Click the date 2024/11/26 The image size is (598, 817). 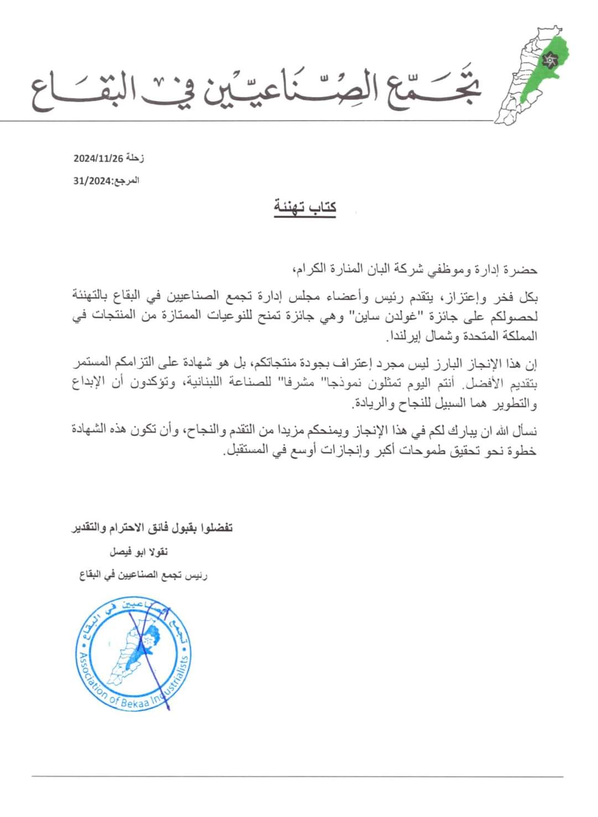tap(97, 158)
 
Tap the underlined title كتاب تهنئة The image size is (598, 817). tap(305, 207)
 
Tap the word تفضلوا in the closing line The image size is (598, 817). tap(216, 528)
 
